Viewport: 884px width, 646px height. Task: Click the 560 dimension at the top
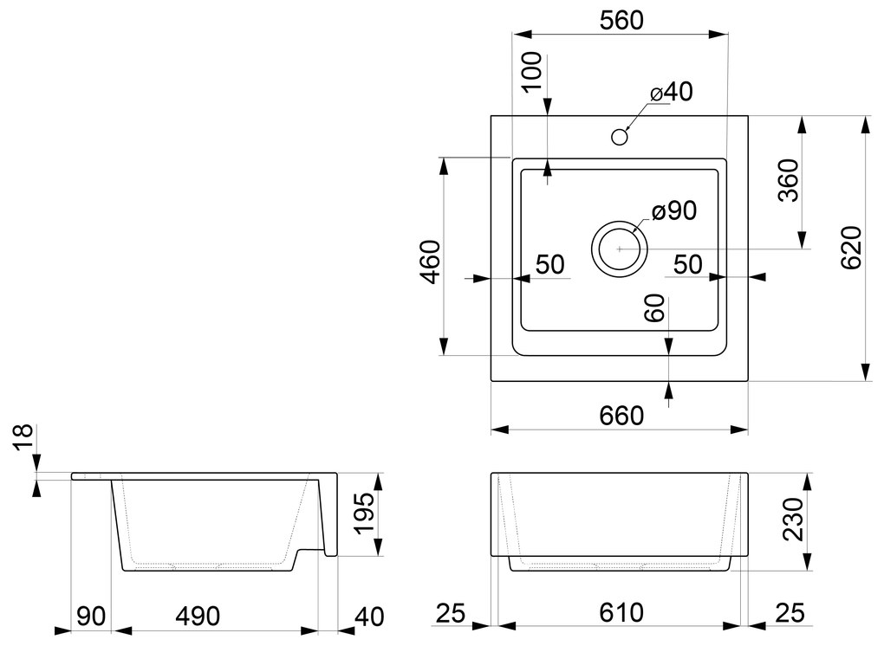coord(621,21)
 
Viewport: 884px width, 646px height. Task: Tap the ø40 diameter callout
coord(673,92)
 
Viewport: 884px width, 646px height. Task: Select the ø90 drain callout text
coord(674,210)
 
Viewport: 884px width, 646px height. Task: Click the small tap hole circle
coord(620,136)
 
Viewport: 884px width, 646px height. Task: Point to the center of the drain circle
coord(619,249)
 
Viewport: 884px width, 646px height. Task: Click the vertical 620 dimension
coord(850,249)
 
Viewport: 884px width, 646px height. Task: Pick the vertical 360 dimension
coord(788,181)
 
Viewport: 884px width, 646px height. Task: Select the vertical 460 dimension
coord(431,260)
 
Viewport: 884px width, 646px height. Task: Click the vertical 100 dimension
coord(532,72)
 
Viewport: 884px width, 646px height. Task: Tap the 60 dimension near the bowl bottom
coord(655,307)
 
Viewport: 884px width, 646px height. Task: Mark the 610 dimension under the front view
coord(621,613)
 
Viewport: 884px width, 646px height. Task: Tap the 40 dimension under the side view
coord(369,616)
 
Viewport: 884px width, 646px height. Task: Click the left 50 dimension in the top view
coord(550,265)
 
